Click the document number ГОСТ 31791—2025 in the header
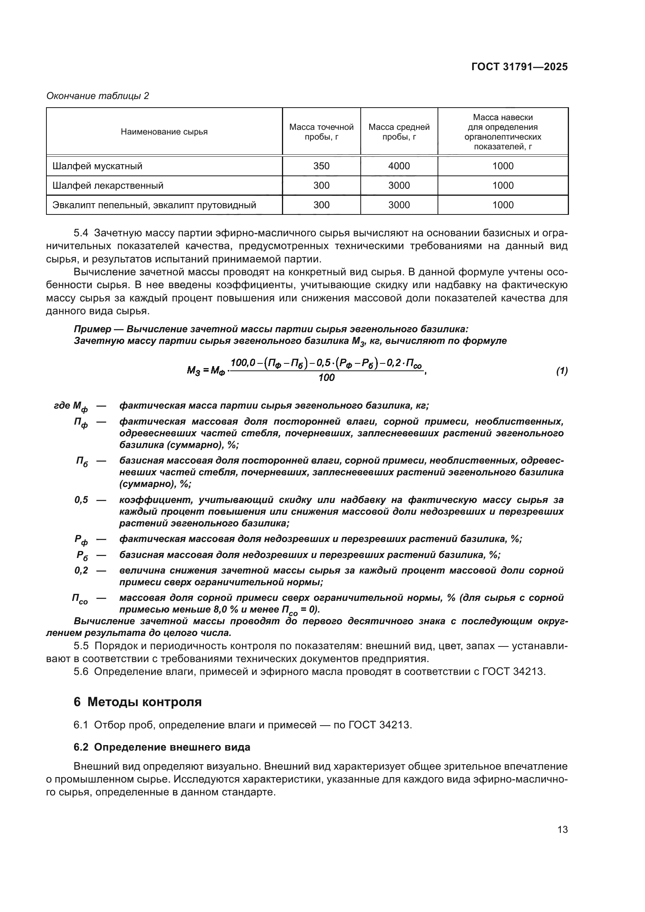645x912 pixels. pos(519,67)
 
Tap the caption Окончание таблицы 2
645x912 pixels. pos(98,96)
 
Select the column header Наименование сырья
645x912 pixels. pos(164,132)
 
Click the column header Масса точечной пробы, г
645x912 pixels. pos(321,132)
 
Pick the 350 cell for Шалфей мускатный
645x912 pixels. pos(321,166)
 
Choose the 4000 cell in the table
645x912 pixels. pos(399,166)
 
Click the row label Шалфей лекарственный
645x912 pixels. pos(108,186)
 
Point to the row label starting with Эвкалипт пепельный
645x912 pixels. pos(154,205)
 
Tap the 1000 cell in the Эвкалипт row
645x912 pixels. pos(503,205)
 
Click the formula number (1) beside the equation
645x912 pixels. pos(561,371)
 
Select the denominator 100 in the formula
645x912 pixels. pos(326,378)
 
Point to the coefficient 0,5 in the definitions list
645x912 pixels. pos(81,500)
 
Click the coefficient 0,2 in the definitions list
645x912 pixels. pos(81,570)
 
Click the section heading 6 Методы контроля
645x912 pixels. pos(137,702)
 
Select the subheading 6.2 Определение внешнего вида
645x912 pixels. pos(162,747)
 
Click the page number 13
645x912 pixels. pos(562,830)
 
